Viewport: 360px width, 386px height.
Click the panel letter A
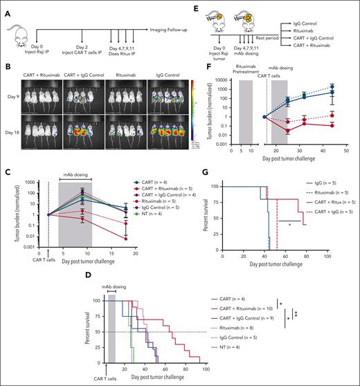click(5, 6)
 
